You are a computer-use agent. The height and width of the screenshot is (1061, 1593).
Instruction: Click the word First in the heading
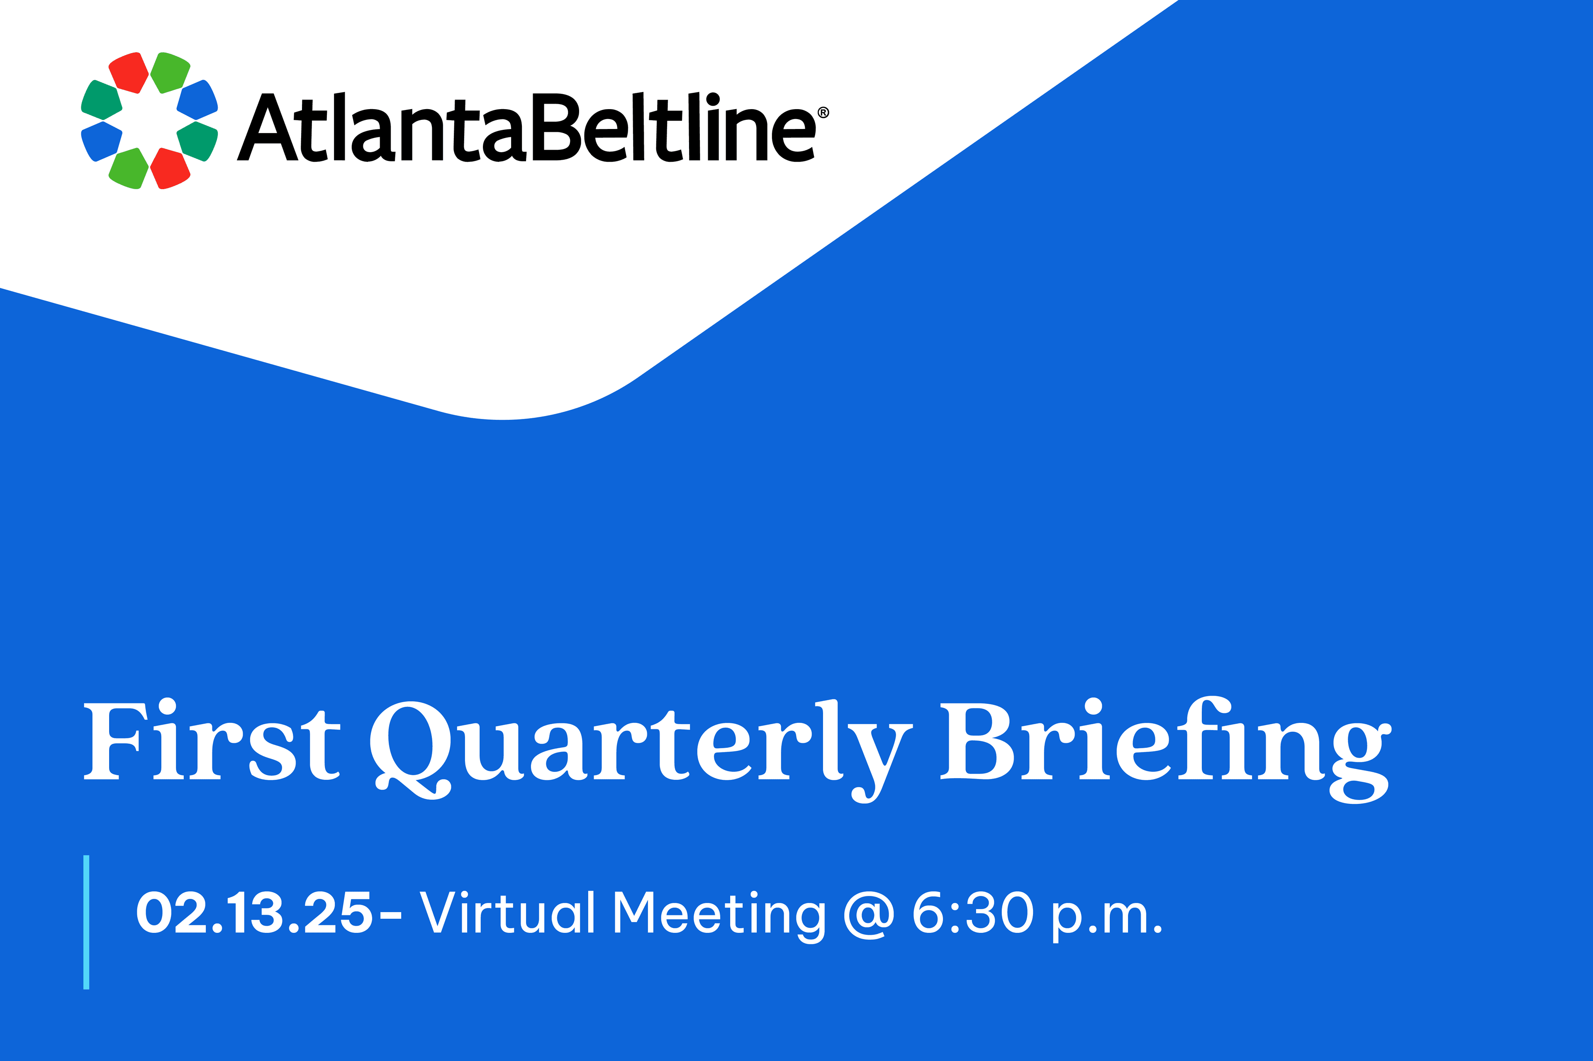pyautogui.click(x=212, y=740)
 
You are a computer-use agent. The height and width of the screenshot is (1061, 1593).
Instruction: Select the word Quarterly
pyautogui.click(x=641, y=750)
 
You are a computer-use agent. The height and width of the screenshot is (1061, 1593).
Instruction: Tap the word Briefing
pyautogui.click(x=1166, y=750)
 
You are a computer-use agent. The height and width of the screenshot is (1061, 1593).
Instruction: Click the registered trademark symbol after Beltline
pyautogui.click(x=823, y=113)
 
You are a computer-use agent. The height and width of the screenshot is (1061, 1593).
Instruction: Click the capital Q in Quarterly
pyautogui.click(x=411, y=750)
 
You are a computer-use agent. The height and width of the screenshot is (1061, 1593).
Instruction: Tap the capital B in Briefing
pyautogui.click(x=977, y=741)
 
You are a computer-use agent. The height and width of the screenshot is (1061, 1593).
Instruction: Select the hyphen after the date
pyautogui.click(x=390, y=915)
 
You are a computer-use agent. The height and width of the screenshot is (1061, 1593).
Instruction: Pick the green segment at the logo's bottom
pyautogui.click(x=129, y=168)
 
